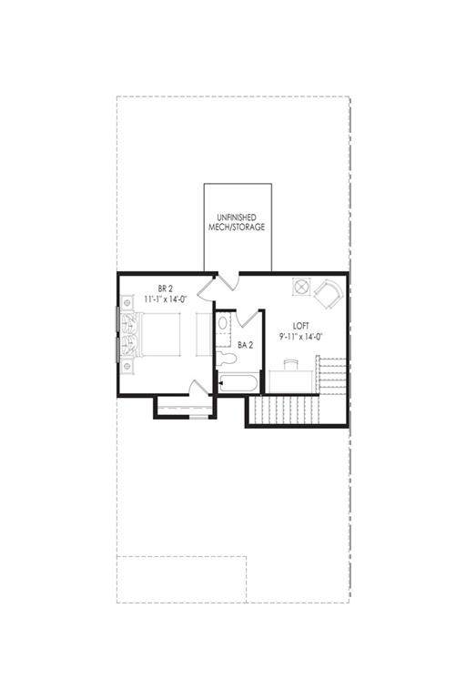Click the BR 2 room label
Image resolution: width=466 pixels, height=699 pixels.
pyautogui.click(x=165, y=289)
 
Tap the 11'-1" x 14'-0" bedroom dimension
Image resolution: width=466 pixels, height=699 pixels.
pyautogui.click(x=165, y=299)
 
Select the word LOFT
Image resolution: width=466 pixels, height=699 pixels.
pyautogui.click(x=300, y=326)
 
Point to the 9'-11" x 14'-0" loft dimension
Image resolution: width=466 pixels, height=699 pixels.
pyautogui.click(x=300, y=337)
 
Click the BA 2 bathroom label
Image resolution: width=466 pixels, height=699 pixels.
pyautogui.click(x=245, y=345)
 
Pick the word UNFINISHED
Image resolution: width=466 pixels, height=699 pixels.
pyautogui.click(x=237, y=218)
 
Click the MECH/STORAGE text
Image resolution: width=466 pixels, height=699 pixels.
pyautogui.click(x=237, y=227)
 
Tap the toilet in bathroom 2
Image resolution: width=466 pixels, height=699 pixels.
pyautogui.click(x=226, y=358)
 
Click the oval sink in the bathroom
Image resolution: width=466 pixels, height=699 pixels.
pyautogui.click(x=223, y=322)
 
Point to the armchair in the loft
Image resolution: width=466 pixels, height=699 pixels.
pyautogui.click(x=329, y=293)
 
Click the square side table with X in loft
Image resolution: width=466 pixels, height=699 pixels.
pyautogui.click(x=301, y=286)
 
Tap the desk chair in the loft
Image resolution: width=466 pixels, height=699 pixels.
pyautogui.click(x=289, y=364)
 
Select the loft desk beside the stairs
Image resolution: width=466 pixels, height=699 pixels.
pyautogui.click(x=289, y=381)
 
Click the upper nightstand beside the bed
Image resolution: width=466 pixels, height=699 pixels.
pyautogui.click(x=127, y=303)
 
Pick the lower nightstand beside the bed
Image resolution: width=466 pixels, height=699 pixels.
pyautogui.click(x=127, y=366)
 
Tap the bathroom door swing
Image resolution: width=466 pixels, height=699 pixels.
pyautogui.click(x=248, y=318)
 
